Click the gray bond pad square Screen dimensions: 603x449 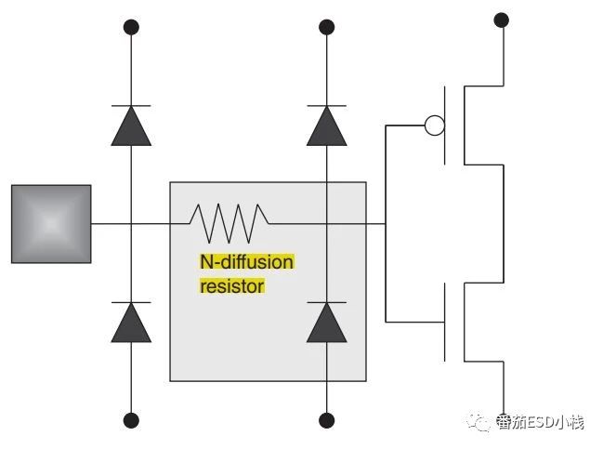pos(51,224)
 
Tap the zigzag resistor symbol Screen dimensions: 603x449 pos(229,223)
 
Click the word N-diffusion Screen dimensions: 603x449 pos(247,262)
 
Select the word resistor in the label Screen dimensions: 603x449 pos(232,286)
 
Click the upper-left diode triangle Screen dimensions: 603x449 pos(131,125)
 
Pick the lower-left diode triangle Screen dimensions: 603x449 pos(131,323)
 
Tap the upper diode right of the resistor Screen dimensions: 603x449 pos(326,125)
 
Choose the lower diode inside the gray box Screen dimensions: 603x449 pos(326,323)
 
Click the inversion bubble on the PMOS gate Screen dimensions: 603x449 pos(435,125)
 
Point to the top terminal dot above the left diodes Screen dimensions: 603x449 pos(131,27)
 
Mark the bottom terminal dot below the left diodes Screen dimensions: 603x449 pos(131,420)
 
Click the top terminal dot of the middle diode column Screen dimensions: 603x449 pos(326,27)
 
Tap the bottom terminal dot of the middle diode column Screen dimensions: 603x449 pos(326,420)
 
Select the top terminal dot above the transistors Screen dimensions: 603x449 pos(501,20)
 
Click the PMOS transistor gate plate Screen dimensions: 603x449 pos(445,125)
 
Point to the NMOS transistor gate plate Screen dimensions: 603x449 pos(445,322)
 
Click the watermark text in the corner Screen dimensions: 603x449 pos(540,422)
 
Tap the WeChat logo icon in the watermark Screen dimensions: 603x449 pos(479,422)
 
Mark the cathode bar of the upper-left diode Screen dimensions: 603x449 pos(131,105)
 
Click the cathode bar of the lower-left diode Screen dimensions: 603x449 pos(131,302)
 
